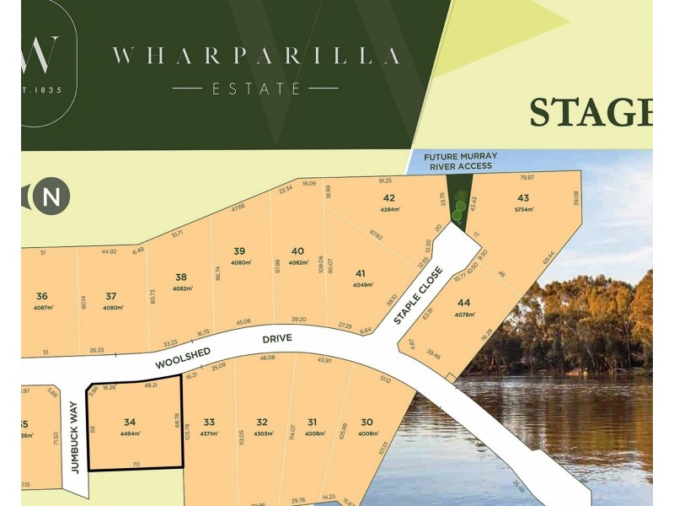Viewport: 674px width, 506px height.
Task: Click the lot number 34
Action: click(129, 422)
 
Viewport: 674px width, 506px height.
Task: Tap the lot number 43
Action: click(522, 197)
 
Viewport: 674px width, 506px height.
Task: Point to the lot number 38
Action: click(180, 277)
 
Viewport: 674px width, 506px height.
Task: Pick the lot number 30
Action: click(366, 422)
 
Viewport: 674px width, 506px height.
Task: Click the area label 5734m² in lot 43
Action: click(522, 209)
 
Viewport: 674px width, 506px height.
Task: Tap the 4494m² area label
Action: click(129, 433)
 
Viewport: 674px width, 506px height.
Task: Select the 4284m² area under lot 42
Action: click(389, 209)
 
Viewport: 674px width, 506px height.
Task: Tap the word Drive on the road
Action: click(276, 337)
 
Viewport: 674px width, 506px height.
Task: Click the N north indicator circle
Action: click(51, 197)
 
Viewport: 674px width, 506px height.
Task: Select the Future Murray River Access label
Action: click(460, 161)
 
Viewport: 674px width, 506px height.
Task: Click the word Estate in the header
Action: click(256, 88)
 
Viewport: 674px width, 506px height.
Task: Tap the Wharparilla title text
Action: click(256, 57)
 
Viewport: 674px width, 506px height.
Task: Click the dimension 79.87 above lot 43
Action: click(527, 178)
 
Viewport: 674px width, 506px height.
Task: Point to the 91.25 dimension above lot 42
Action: click(386, 180)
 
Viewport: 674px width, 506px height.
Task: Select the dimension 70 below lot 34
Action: click(136, 464)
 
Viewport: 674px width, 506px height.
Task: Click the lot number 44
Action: click(463, 303)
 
